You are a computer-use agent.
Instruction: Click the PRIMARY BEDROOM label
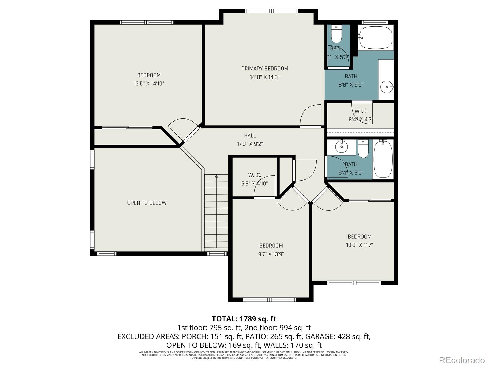(x=264, y=69)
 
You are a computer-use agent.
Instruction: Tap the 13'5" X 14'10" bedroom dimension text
(x=149, y=84)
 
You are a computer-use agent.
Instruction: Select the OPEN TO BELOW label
(x=147, y=203)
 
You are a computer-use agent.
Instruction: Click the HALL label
(x=250, y=135)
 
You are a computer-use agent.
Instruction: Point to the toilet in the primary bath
(x=336, y=34)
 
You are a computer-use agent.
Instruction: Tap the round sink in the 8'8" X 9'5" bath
(x=387, y=87)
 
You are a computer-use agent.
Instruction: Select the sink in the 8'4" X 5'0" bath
(x=341, y=147)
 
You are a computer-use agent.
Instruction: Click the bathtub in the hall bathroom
(x=383, y=159)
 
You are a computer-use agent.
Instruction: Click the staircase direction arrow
(x=217, y=176)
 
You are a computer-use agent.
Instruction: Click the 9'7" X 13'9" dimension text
(x=271, y=254)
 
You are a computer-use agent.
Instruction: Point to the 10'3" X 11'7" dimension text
(x=359, y=245)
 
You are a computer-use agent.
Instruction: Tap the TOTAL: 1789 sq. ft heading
(x=244, y=319)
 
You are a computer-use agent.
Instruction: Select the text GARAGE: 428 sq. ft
(x=338, y=336)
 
